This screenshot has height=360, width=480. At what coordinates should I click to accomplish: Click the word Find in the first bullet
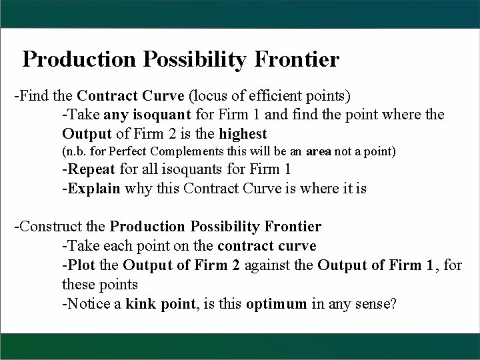pos(34,95)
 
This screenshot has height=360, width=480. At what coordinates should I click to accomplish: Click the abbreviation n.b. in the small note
pos(76,151)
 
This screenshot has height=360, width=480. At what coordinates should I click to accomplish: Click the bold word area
pos(319,151)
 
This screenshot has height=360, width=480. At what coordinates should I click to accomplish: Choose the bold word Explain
pos(93,188)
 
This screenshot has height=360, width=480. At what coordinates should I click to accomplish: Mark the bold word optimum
pos(275,304)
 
